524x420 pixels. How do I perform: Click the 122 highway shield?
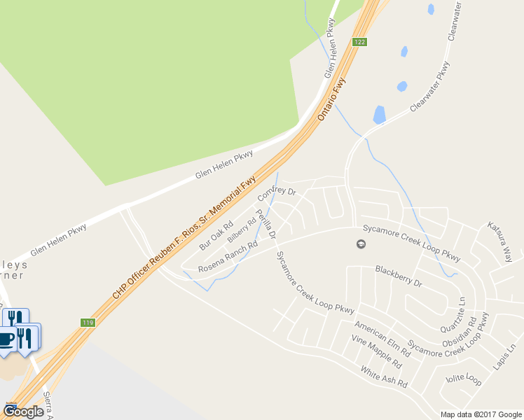click(x=359, y=42)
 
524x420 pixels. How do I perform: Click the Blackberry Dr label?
click(x=399, y=276)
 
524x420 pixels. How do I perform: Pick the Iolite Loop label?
click(x=463, y=380)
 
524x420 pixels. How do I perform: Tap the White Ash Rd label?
click(x=384, y=377)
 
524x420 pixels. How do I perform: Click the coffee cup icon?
click(x=6, y=339)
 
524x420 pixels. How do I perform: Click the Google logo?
click(x=23, y=412)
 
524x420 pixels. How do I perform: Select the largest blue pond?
click(x=379, y=114)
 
